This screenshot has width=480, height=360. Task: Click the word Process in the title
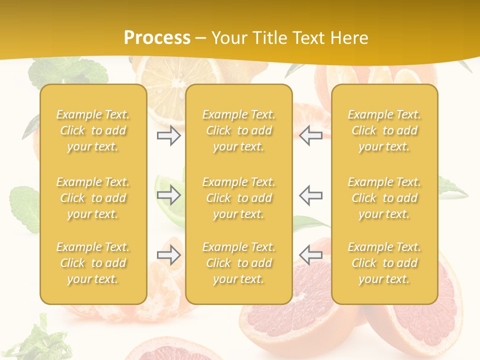click(x=157, y=38)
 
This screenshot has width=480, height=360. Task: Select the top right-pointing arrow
click(x=169, y=135)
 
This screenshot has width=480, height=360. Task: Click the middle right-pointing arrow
click(x=169, y=195)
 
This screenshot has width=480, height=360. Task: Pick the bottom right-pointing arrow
click(x=169, y=255)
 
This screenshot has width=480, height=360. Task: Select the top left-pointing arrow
click(x=311, y=135)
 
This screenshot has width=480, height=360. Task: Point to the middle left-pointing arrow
click(x=311, y=195)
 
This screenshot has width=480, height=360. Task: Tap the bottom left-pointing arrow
click(x=311, y=255)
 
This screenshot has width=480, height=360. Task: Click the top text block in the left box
click(x=93, y=130)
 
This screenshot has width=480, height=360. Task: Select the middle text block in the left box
click(x=93, y=198)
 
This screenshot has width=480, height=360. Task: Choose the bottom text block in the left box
click(x=93, y=263)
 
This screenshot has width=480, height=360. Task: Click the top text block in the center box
click(x=239, y=130)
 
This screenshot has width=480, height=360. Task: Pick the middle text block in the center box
click(x=239, y=198)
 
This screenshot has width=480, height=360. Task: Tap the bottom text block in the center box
click(x=239, y=263)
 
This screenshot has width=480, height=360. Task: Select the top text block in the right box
click(x=384, y=130)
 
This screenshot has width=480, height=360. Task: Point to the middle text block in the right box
click(x=384, y=198)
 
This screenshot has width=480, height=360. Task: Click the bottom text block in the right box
click(x=384, y=263)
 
